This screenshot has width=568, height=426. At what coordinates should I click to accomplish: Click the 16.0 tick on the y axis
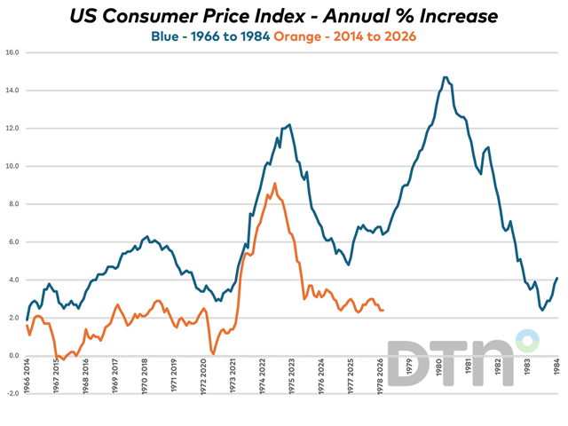pyautogui.click(x=11, y=52)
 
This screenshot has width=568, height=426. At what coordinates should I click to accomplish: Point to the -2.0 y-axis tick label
pyautogui.click(x=11, y=393)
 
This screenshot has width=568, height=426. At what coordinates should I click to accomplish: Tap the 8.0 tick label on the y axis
pyautogui.click(x=12, y=204)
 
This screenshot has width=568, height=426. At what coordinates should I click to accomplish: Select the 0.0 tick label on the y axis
pyautogui.click(x=12, y=356)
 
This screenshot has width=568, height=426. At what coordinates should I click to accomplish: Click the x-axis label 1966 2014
pyautogui.click(x=28, y=383)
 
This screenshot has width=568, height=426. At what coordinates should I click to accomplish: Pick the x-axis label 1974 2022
pyautogui.click(x=263, y=383)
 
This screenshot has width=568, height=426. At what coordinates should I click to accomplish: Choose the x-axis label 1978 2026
pyautogui.click(x=381, y=383)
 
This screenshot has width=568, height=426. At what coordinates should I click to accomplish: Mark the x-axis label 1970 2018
pyautogui.click(x=146, y=383)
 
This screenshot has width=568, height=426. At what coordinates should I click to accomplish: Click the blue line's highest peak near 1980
pyautogui.click(x=445, y=77)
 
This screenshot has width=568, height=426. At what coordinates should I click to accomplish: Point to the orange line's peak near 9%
pyautogui.click(x=275, y=184)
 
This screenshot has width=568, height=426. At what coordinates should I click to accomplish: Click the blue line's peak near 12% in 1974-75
pyautogui.click(x=289, y=125)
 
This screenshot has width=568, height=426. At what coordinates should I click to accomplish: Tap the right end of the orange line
pyautogui.click(x=383, y=310)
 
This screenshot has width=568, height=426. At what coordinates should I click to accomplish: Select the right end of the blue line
pyautogui.click(x=557, y=278)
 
